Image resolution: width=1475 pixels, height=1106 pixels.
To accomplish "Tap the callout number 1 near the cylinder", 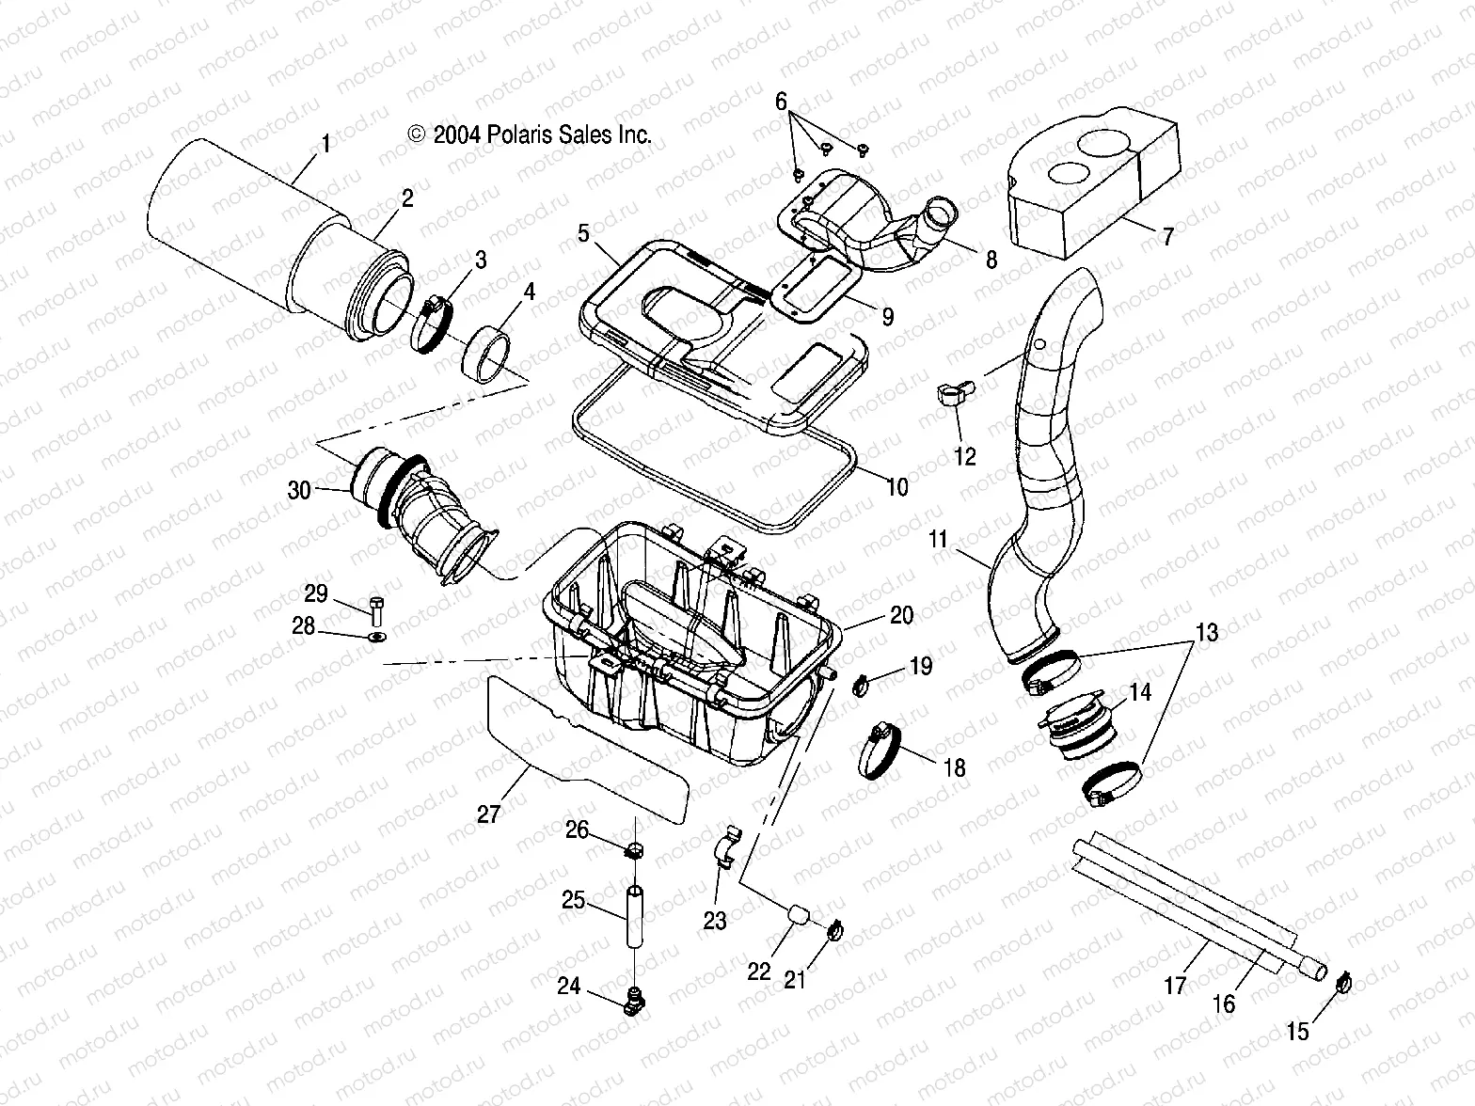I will pos(325,144).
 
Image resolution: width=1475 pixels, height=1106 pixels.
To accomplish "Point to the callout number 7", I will pos(1167,237).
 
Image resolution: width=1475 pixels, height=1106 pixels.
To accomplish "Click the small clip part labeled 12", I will pos(952,401).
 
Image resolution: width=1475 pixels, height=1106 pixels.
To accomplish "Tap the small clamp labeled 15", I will pos(1343,985).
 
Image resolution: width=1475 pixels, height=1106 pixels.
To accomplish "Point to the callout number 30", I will pos(298,489).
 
